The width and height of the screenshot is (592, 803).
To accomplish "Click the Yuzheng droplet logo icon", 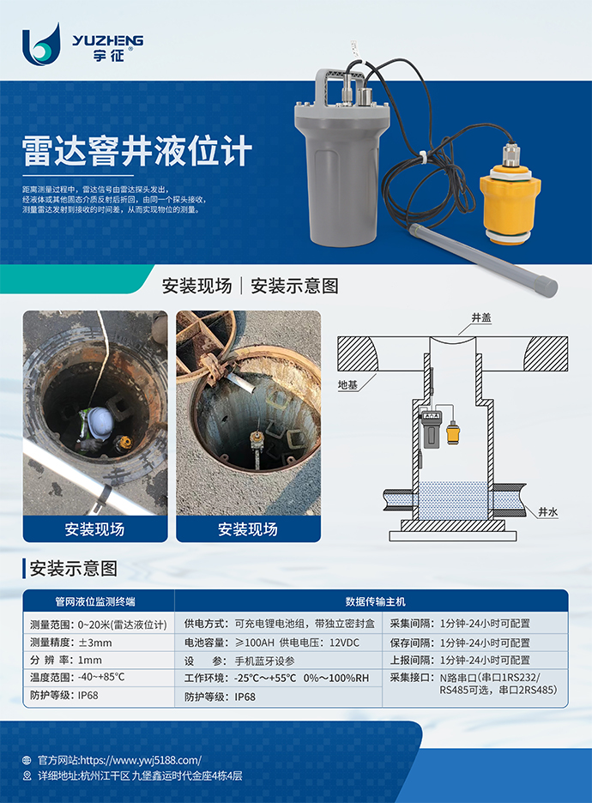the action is (x=41, y=45).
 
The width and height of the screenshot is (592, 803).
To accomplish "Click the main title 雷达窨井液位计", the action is (x=137, y=151).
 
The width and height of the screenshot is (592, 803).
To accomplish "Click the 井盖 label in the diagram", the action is (x=480, y=318).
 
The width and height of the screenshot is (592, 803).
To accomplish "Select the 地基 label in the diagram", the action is (x=347, y=384).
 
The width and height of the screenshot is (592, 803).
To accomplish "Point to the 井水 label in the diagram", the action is (x=548, y=512).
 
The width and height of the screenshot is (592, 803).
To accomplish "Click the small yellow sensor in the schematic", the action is (x=453, y=432).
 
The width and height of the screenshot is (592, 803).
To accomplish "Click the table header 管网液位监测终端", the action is (x=95, y=601).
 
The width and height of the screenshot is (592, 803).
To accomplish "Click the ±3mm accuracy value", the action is (x=94, y=643).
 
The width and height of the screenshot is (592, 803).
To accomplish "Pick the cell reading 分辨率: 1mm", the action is (x=66, y=660).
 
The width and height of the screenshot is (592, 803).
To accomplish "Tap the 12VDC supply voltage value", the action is (x=344, y=643).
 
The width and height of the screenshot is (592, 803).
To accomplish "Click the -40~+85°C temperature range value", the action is (x=101, y=677).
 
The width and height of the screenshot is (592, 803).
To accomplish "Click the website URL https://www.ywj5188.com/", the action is (x=141, y=760).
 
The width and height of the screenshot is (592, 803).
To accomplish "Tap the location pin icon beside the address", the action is (x=27, y=776).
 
